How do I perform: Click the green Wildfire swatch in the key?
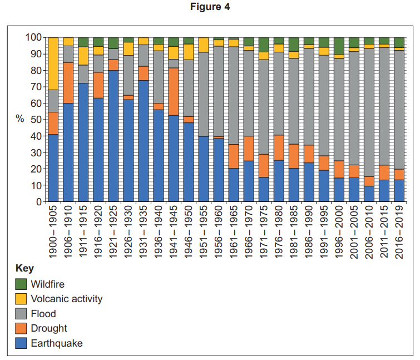coord(21,284)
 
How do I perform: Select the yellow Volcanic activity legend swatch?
coord(21,299)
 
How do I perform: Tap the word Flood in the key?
coord(43,314)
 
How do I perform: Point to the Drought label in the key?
coord(49,328)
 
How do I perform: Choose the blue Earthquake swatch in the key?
coord(21,343)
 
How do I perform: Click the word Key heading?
coord(24,268)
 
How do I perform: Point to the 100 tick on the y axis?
coord(34,37)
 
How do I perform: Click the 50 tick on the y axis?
coord(36,120)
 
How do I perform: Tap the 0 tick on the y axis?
coord(39,202)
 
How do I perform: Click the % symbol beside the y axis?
coord(19,120)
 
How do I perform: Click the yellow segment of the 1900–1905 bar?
coord(53,63)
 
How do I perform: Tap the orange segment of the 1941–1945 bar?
coord(174,91)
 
